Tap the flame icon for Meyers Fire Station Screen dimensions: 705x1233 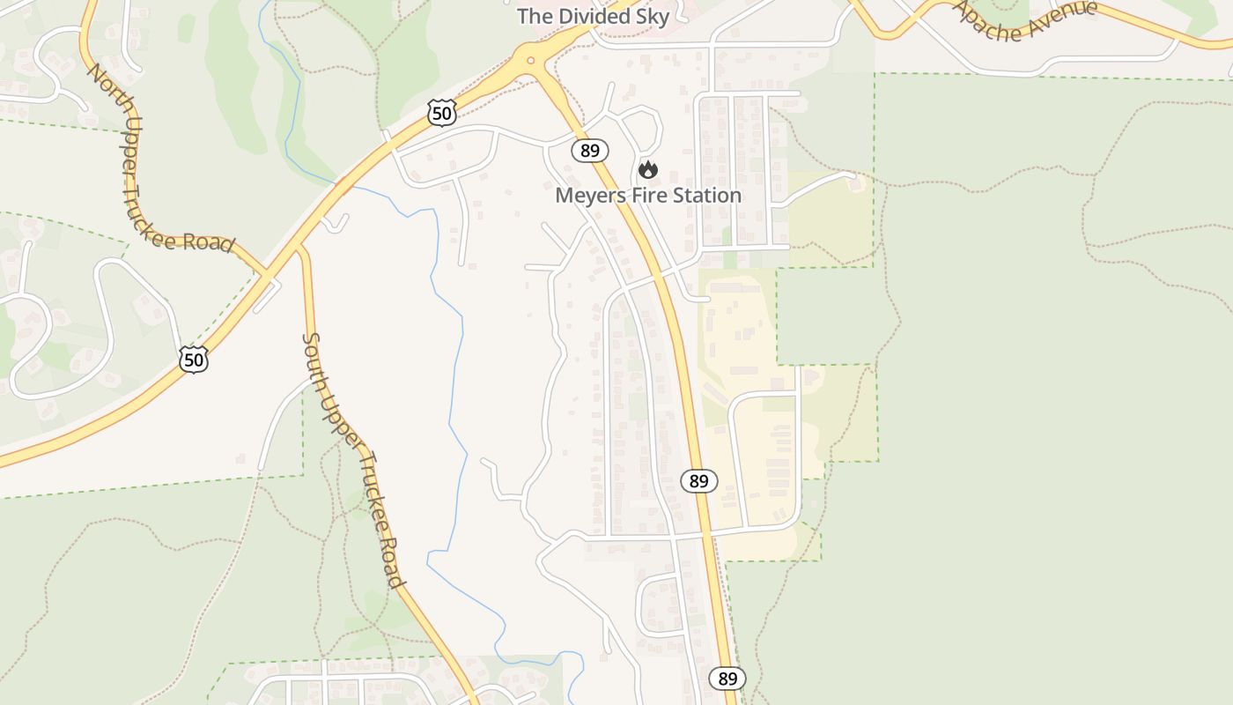click(x=648, y=170)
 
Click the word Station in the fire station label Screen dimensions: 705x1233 click(x=706, y=196)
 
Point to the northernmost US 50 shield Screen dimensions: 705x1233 click(x=442, y=112)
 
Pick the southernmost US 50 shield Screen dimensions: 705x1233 click(x=193, y=359)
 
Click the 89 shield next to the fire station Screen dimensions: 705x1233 click(x=590, y=151)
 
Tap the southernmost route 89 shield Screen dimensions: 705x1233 click(x=727, y=679)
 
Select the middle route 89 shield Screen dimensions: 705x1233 click(x=698, y=481)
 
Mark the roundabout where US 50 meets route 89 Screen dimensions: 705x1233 click(x=530, y=62)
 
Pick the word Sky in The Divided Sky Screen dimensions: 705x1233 click(x=652, y=17)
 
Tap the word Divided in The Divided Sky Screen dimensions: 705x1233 click(x=593, y=17)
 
